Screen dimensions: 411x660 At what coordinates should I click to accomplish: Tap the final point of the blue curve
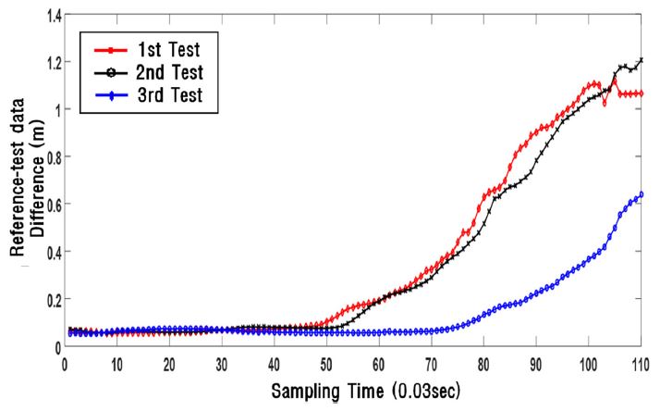coord(641,194)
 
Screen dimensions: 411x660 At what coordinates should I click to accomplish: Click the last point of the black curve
coord(641,60)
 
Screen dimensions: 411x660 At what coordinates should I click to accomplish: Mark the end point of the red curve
coord(641,93)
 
